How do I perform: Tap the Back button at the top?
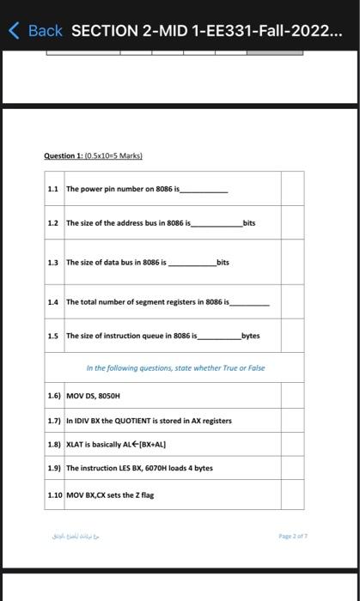36,31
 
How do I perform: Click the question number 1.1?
54,188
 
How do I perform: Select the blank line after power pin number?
204,191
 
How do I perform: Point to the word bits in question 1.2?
249,222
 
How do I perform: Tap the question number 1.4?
54,302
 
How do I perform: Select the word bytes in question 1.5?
251,336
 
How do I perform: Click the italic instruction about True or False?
175,368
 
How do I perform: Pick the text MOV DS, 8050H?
94,398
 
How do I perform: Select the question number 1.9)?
55,468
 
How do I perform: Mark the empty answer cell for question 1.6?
292,398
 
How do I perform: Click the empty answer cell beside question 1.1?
292,188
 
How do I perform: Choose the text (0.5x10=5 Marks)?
113,155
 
